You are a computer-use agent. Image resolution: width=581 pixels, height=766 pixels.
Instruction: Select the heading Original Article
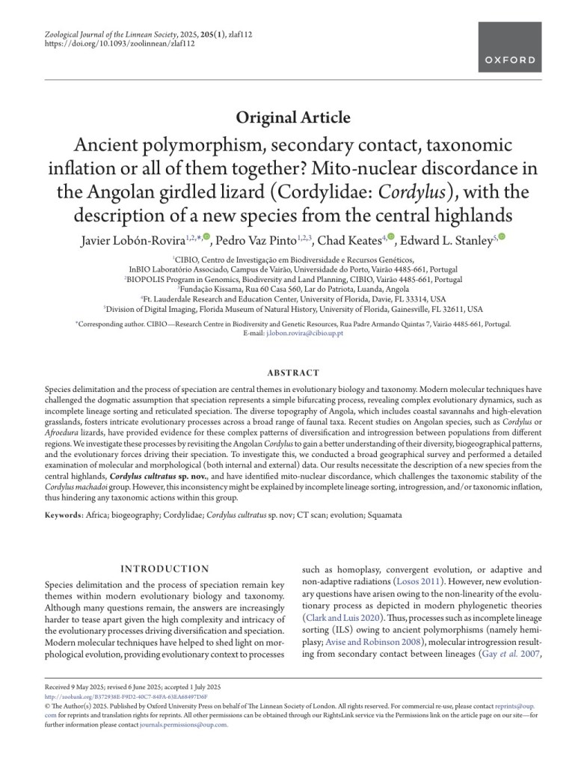pos(292,117)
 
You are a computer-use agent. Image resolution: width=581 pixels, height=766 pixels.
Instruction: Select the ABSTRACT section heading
pos(292,373)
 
